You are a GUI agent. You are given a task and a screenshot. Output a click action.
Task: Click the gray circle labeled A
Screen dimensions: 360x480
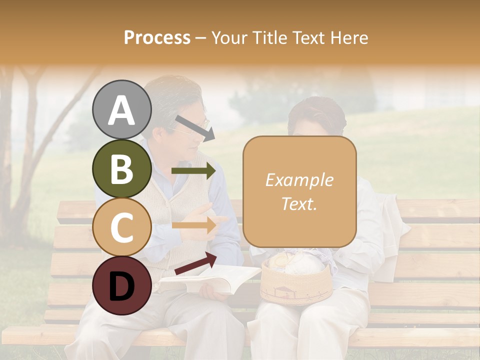pyautogui.click(x=122, y=110)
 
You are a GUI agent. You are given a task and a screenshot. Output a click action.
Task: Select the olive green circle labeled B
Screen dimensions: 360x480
pyautogui.click(x=122, y=168)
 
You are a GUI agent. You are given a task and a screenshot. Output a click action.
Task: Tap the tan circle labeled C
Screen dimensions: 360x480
pyautogui.click(x=122, y=227)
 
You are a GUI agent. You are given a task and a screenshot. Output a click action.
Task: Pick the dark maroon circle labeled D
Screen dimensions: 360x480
pyautogui.click(x=122, y=285)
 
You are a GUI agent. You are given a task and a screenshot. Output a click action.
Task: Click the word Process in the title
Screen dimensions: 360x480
pyautogui.click(x=157, y=37)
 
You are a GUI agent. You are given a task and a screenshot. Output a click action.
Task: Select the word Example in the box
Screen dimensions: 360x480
pyautogui.click(x=299, y=180)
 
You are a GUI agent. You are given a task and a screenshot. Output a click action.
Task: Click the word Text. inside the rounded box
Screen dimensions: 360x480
pyautogui.click(x=299, y=203)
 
